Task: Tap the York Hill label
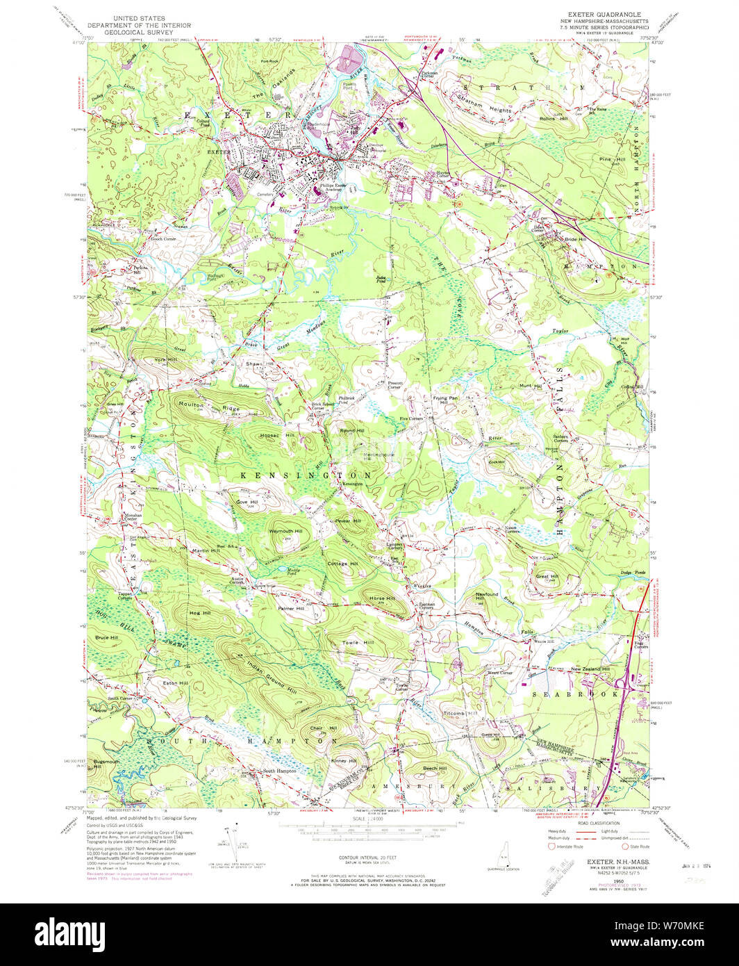coord(165,359)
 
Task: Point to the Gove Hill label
coord(247,501)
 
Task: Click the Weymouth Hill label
coord(285,531)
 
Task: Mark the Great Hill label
coord(547,576)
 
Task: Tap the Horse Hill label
coord(382,598)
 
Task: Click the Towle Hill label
coord(358,643)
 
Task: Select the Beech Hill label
coord(435,768)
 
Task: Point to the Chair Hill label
coord(323,728)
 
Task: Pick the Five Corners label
coord(411,418)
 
